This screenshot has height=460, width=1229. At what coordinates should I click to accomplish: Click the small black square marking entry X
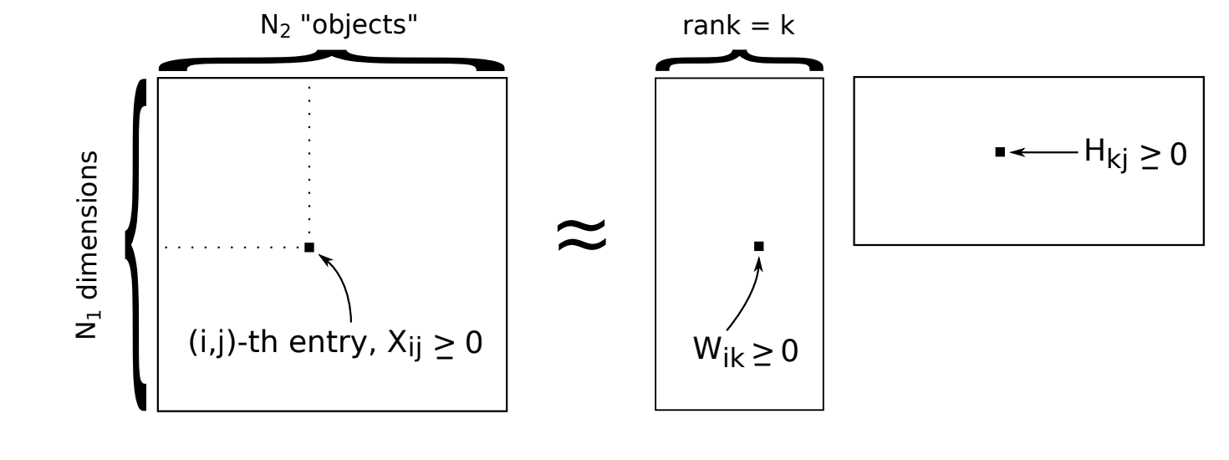309,247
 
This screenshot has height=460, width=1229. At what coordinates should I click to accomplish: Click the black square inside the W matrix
758,246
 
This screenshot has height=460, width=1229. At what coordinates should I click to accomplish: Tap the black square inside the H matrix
999,152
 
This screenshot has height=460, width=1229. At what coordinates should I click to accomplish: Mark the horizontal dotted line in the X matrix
234,248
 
